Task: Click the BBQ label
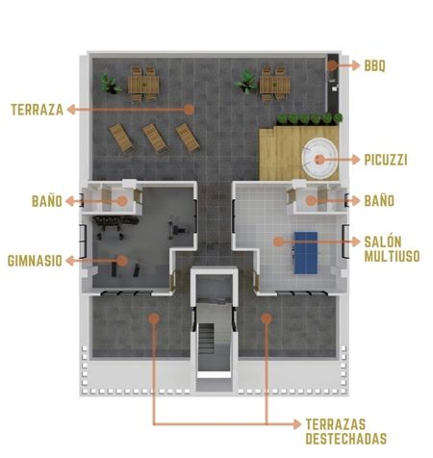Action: [374, 65]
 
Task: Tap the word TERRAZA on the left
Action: [38, 110]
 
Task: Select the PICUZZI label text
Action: [386, 160]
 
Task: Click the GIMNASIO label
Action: [35, 261]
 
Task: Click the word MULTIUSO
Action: [392, 256]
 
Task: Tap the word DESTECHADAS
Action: [345, 439]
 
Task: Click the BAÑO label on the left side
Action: [47, 201]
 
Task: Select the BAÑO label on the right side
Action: [379, 201]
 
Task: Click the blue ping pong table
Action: [306, 253]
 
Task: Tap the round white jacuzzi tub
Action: [319, 159]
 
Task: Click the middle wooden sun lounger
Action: [155, 138]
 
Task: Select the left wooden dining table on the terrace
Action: [143, 84]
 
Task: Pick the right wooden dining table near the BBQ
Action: [275, 84]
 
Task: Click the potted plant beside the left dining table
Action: [110, 84]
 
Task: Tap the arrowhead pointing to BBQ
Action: [355, 65]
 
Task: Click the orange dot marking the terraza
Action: [190, 110]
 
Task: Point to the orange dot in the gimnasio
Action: [122, 261]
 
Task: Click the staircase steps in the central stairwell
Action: [206, 339]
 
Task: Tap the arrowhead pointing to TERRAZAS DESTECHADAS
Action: [297, 424]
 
